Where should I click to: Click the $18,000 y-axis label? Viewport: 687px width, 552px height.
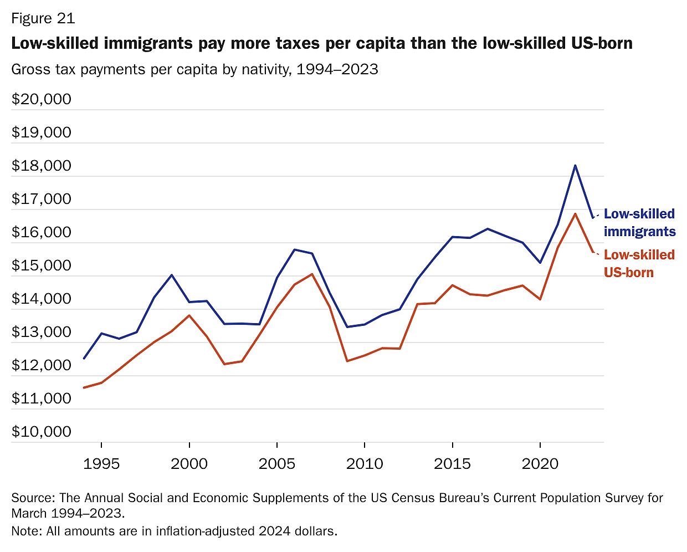(42, 166)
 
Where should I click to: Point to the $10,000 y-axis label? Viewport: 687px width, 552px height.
(42, 432)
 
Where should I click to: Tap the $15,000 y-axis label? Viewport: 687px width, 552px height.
(42, 265)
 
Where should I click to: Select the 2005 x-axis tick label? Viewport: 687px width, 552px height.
(276, 464)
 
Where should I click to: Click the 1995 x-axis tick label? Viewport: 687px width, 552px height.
(101, 464)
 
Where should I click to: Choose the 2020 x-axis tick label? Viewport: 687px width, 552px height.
(540, 464)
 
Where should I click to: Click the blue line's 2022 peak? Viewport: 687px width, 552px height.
(575, 165)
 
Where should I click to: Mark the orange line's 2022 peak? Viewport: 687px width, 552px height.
(575, 214)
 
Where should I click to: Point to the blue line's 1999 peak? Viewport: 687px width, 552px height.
(172, 275)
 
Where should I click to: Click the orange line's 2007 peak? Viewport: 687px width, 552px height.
(312, 274)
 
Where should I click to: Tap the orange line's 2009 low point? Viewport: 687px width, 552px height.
(347, 361)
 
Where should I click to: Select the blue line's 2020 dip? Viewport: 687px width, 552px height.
(540, 263)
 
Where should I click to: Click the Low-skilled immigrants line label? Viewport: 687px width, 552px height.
(639, 222)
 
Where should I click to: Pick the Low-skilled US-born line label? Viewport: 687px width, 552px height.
(639, 263)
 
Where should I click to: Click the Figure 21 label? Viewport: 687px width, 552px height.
(43, 18)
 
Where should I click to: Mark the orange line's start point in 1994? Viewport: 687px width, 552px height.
(84, 388)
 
